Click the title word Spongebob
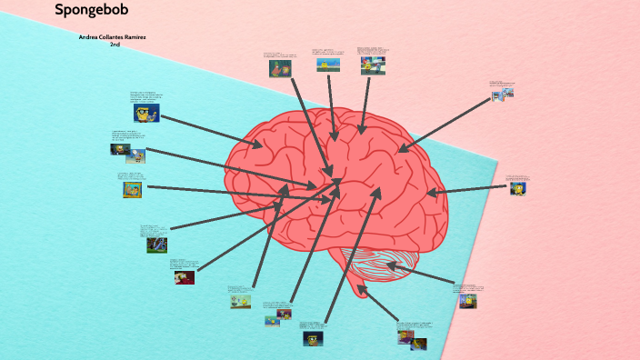click(91, 11)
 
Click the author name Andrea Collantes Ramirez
click(114, 37)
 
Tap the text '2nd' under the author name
click(115, 44)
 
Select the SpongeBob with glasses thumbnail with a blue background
click(146, 114)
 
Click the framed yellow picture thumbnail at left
click(133, 189)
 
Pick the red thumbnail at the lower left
click(185, 277)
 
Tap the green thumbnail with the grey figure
click(156, 244)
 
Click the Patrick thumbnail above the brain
click(279, 68)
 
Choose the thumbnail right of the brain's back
click(518, 189)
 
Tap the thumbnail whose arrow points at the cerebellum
click(467, 300)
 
